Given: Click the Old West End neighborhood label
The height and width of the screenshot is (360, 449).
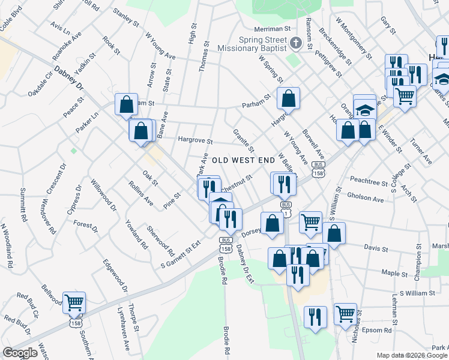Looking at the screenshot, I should [247, 160].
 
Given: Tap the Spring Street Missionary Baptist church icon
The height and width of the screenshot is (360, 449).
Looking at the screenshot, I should [295, 43].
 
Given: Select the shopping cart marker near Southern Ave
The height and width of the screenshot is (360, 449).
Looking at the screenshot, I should [74, 302].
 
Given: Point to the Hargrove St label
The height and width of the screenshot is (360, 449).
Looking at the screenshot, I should [195, 141].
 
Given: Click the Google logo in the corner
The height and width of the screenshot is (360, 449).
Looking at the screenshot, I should [20, 353].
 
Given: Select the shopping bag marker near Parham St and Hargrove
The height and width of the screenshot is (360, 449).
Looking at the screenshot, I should [288, 98].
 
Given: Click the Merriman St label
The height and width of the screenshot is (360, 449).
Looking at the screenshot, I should [272, 28].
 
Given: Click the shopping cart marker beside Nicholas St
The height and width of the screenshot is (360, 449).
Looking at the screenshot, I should [345, 313].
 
